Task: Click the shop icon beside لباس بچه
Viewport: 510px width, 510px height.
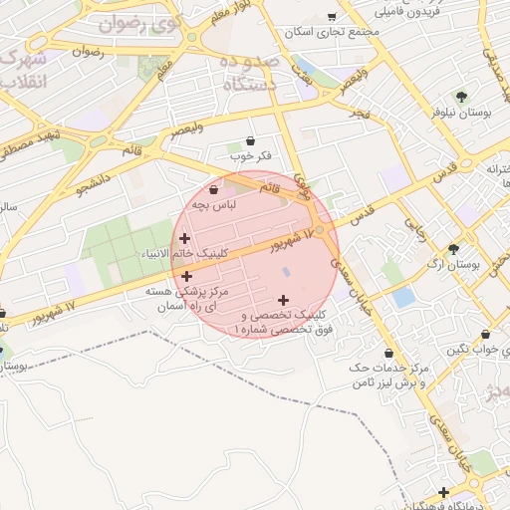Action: tap(214, 189)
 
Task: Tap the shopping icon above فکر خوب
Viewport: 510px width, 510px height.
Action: tap(249, 140)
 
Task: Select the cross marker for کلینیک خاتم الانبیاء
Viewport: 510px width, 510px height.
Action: tap(185, 237)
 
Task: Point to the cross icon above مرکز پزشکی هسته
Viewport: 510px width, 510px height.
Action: tap(187, 276)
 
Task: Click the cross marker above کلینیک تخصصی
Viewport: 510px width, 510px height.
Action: tap(284, 299)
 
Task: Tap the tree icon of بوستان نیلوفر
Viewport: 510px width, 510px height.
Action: tap(461, 97)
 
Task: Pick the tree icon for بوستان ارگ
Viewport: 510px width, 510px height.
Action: tap(454, 249)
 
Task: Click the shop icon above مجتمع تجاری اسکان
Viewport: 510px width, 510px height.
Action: tap(333, 17)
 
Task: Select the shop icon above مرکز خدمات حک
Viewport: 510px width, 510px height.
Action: tap(387, 354)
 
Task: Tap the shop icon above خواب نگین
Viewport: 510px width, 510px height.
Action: tap(485, 335)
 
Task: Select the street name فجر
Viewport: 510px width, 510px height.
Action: tap(359, 114)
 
